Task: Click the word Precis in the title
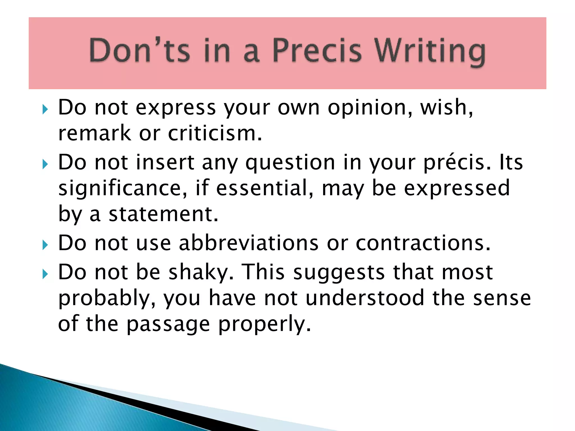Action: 317,51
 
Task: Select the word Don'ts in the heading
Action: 139,51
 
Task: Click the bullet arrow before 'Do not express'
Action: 45,109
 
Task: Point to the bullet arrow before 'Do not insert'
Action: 45,164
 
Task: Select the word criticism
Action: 215,133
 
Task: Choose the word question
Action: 290,163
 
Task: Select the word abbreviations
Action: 248,243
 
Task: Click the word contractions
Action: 423,243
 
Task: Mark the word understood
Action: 365,298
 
